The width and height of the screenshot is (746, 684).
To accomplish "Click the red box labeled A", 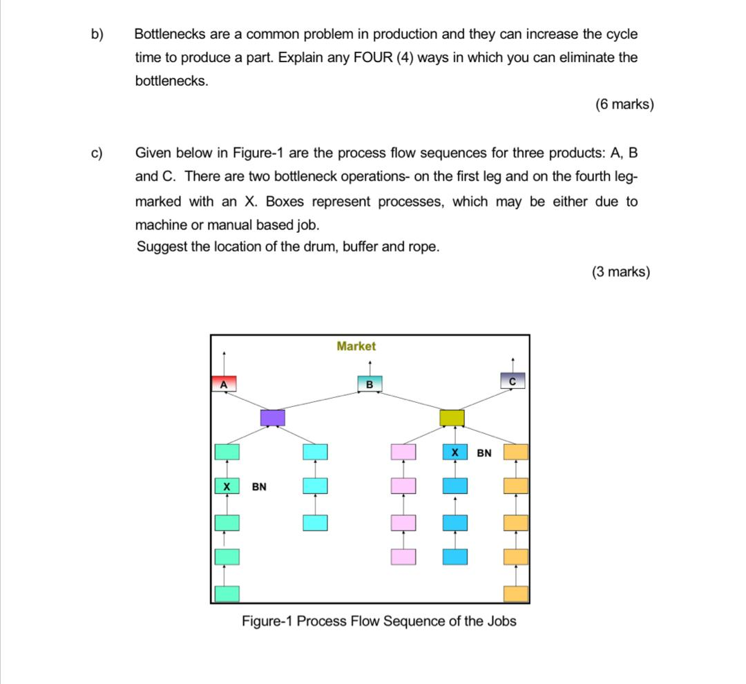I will point(224,383).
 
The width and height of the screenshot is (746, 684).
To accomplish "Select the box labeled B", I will point(369,383).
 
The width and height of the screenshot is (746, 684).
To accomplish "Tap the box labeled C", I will point(513,380).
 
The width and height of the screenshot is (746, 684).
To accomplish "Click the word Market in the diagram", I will point(356,346).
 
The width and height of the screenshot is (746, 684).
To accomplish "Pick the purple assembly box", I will point(272,417).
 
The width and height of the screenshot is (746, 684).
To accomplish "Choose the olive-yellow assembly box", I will point(452,417).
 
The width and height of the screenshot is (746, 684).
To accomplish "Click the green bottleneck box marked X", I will point(227,486).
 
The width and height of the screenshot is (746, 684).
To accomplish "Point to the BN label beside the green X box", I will point(259,486).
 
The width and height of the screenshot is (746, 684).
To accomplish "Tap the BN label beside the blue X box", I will point(484,453).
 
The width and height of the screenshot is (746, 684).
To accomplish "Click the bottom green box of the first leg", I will point(227,593).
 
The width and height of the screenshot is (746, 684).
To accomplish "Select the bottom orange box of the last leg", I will point(515,593).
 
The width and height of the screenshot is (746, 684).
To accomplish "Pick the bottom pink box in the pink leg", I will point(403,556).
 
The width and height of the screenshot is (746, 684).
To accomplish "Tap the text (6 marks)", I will point(624,105).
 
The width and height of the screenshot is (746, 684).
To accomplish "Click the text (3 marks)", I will point(620,272).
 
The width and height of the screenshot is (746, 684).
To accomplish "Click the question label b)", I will point(97,35).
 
